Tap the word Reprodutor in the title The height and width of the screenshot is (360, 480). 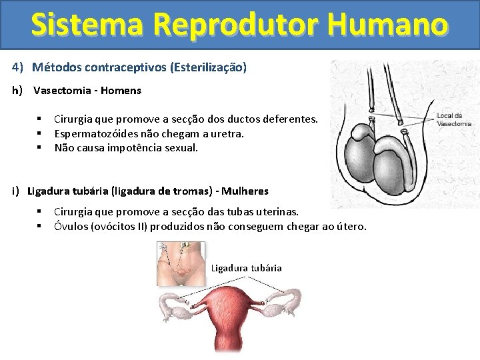pos(236,24)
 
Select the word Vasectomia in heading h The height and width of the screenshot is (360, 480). pos(61,90)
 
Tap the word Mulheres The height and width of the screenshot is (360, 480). pos(245,191)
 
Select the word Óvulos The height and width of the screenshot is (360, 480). pos(70,227)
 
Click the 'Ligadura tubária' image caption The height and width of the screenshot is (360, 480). pos(246,268)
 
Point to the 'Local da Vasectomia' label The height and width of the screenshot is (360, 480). pos(453,120)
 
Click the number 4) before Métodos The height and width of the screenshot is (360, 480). pos(17,67)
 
